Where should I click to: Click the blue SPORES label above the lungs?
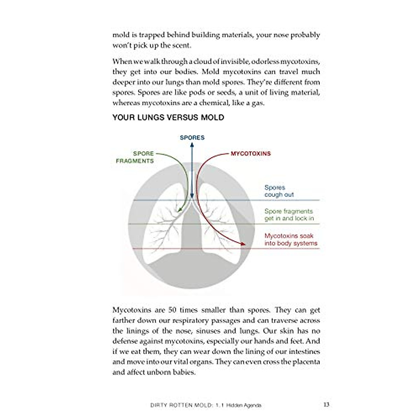tap(192, 138)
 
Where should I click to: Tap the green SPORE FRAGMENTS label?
tap(135, 157)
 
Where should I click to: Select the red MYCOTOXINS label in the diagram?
tap(251, 153)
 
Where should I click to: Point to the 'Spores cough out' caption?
tap(279, 191)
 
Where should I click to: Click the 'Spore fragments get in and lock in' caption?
tap(289, 215)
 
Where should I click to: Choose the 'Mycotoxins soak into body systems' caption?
tap(291, 239)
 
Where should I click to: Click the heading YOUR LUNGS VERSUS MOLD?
tap(168, 117)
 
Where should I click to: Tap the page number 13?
tap(326, 405)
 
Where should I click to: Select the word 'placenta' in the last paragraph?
tap(305, 362)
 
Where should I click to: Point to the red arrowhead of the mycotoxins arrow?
tap(242, 243)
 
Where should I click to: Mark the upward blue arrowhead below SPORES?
tap(192, 144)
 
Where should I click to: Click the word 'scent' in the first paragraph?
tap(181, 45)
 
